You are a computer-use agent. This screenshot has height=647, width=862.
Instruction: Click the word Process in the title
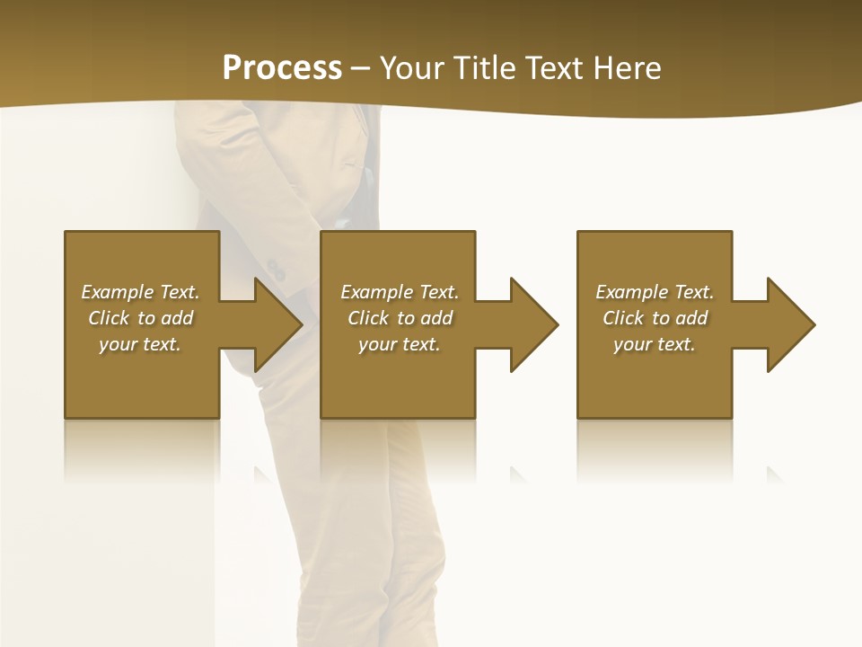pyautogui.click(x=282, y=68)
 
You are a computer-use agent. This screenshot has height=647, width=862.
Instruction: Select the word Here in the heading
pyautogui.click(x=625, y=68)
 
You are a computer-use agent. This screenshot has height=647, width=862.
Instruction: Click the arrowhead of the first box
pyautogui.click(x=278, y=324)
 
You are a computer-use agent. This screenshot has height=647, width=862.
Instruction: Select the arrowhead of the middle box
pyautogui.click(x=534, y=324)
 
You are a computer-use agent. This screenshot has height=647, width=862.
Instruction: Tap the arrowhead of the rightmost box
pyautogui.click(x=791, y=324)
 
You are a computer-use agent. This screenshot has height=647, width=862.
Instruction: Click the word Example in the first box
pyautogui.click(x=117, y=292)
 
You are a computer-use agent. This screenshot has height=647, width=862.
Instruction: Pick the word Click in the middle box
pyautogui.click(x=368, y=318)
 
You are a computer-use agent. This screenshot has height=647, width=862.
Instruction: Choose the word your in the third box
pyautogui.click(x=633, y=344)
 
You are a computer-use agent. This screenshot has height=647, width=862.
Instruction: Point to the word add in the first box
pyautogui.click(x=177, y=318)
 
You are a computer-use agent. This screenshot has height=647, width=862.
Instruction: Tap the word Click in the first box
pyautogui.click(x=109, y=318)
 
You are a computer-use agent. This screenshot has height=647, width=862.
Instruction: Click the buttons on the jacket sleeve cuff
pyautogui.click(x=276, y=269)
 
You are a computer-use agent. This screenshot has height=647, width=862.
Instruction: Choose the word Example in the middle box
pyautogui.click(x=376, y=292)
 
